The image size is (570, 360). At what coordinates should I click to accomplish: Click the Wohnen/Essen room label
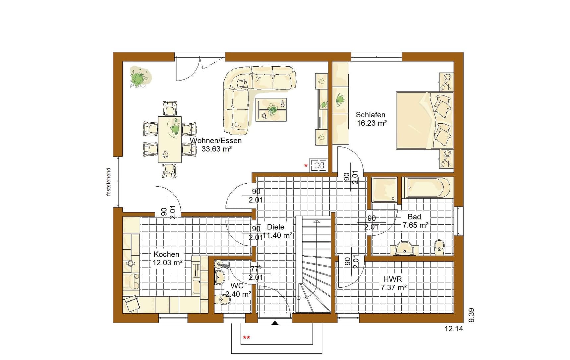point(216,141)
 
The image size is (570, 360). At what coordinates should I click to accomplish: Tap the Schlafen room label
point(370,115)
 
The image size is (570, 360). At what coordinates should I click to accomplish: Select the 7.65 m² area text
point(416,225)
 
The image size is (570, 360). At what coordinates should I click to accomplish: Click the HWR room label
point(392,279)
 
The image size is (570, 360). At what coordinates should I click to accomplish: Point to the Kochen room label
point(166,254)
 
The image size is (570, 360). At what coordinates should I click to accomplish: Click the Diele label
point(276,227)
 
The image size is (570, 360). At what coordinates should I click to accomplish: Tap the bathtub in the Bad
point(427,188)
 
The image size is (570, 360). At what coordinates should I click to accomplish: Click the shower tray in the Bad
point(384,190)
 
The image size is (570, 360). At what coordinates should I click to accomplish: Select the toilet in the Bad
point(439,247)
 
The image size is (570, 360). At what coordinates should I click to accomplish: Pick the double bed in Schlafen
point(425,121)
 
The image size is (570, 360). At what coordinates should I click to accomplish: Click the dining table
point(170,139)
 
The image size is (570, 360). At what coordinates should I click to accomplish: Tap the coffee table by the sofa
point(271,110)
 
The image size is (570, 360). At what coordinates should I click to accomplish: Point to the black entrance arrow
point(275,323)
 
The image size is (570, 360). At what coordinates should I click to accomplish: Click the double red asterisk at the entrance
point(247,338)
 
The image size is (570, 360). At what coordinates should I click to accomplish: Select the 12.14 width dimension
point(454,329)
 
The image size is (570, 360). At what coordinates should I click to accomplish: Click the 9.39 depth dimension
point(471,315)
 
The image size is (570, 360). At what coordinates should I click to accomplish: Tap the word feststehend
point(108,182)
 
